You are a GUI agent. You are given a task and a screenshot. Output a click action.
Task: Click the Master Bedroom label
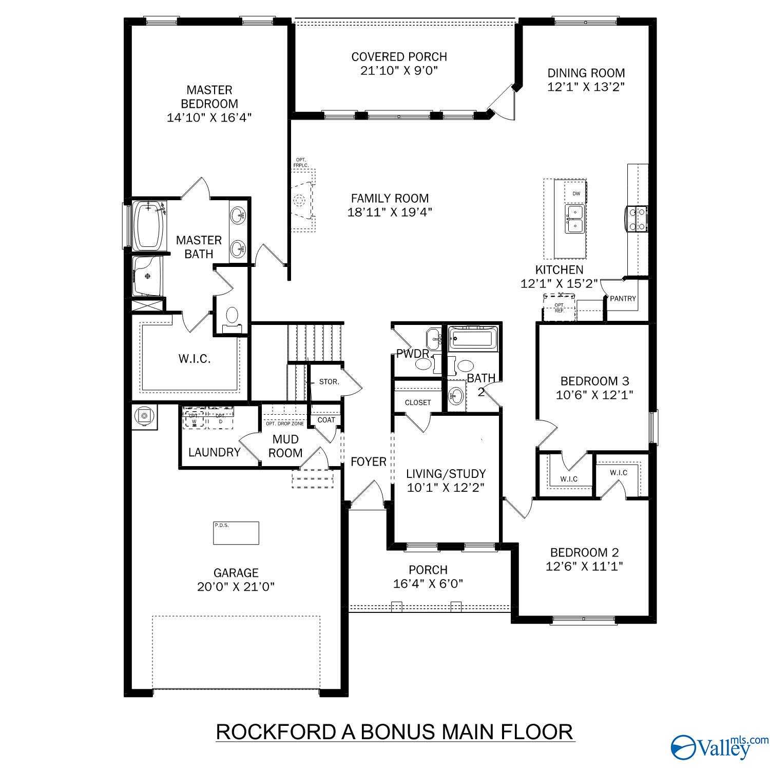point(209,97)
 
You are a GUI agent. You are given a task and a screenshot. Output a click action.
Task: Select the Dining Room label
point(586,73)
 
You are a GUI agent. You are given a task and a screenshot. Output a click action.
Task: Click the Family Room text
point(390,198)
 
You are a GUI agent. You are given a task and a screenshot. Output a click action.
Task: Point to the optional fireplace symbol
point(301,200)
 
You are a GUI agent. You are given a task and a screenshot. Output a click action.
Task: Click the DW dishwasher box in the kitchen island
point(576,194)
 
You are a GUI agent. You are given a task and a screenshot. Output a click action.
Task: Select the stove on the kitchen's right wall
point(637,218)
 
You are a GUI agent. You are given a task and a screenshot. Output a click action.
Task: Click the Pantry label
point(623,298)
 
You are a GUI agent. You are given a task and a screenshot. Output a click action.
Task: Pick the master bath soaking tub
point(148,225)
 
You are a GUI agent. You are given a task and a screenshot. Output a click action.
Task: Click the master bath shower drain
point(148,276)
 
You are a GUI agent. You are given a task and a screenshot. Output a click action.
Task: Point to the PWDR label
point(413,354)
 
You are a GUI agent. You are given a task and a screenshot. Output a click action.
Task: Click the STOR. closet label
point(329,382)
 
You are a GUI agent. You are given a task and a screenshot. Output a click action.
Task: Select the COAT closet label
point(326,420)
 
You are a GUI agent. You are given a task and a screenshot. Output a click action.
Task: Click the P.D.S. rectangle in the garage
point(236,533)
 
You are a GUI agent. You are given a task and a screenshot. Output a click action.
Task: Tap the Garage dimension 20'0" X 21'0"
point(236,587)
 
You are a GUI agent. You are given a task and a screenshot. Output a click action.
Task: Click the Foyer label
point(368,462)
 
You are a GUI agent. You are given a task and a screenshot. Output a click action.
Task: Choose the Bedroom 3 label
point(594,381)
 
